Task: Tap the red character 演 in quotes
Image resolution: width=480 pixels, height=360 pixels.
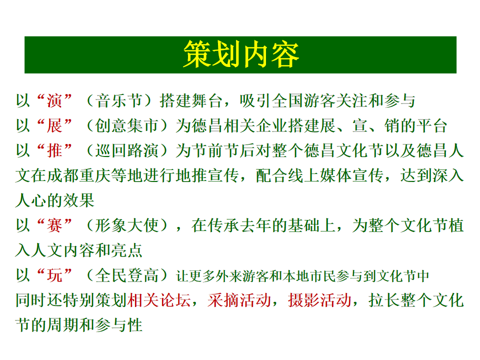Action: pos(54,101)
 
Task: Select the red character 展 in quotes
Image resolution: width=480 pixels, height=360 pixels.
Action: pos(54,126)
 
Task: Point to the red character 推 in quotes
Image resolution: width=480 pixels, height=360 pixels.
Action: pos(54,150)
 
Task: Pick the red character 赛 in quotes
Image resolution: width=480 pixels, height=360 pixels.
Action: pos(54,225)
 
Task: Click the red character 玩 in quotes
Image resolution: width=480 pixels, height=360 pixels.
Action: pos(54,275)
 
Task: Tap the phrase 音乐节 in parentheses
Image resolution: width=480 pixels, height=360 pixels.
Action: pos(119,101)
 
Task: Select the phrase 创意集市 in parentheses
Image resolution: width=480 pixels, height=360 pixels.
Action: pos(126,126)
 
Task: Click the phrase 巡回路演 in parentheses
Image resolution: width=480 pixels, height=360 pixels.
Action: pos(126,150)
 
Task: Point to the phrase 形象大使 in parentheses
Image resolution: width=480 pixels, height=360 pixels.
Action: pos(126,225)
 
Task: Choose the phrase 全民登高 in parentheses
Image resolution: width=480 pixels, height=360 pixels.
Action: pos(126,275)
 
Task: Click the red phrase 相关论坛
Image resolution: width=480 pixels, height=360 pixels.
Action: pos(159,300)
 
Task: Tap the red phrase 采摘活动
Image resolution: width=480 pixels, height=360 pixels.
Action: pos(239,300)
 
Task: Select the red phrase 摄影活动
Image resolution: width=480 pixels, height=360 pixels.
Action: pos(319,300)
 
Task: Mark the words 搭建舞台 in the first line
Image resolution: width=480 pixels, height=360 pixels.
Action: pos(191,101)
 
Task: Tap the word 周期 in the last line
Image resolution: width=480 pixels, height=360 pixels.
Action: pos(62,325)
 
